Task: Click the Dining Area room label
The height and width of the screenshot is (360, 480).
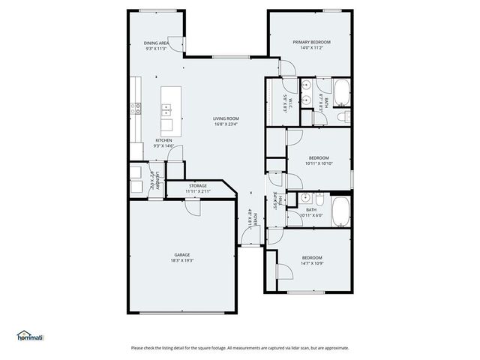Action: [x=157, y=43]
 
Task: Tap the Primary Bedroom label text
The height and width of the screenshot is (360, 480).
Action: [x=310, y=42]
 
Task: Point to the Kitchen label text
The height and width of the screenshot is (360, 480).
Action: [x=163, y=140]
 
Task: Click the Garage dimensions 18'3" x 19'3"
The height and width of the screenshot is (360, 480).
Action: [x=182, y=261]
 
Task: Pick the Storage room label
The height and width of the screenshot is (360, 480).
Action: [x=198, y=185]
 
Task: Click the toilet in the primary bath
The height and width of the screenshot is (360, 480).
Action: [x=342, y=116]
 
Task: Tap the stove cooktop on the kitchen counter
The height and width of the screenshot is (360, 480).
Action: [x=136, y=108]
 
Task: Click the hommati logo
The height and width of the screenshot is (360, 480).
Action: [x=30, y=336]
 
